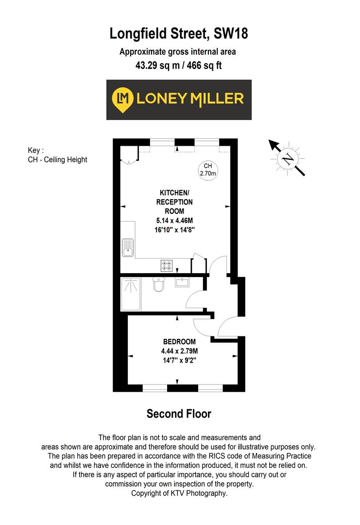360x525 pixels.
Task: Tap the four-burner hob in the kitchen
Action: tap(167, 265)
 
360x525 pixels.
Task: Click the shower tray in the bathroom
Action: tap(130, 294)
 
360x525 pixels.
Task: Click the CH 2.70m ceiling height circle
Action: tap(207, 169)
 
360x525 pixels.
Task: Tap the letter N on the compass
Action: tap(288, 158)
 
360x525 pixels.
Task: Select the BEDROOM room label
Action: tap(179, 341)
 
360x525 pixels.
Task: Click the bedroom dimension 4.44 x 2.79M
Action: tap(179, 351)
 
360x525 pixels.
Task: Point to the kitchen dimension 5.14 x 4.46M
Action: tap(174, 220)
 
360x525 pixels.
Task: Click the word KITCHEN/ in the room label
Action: tap(174, 192)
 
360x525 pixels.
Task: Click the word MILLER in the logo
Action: tap(217, 99)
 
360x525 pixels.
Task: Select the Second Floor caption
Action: tap(179, 414)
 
